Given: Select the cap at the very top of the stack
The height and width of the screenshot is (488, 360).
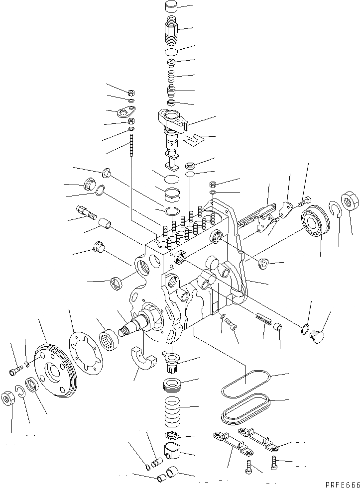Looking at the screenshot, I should (170, 8).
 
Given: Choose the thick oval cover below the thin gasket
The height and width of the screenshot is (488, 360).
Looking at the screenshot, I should (245, 408).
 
